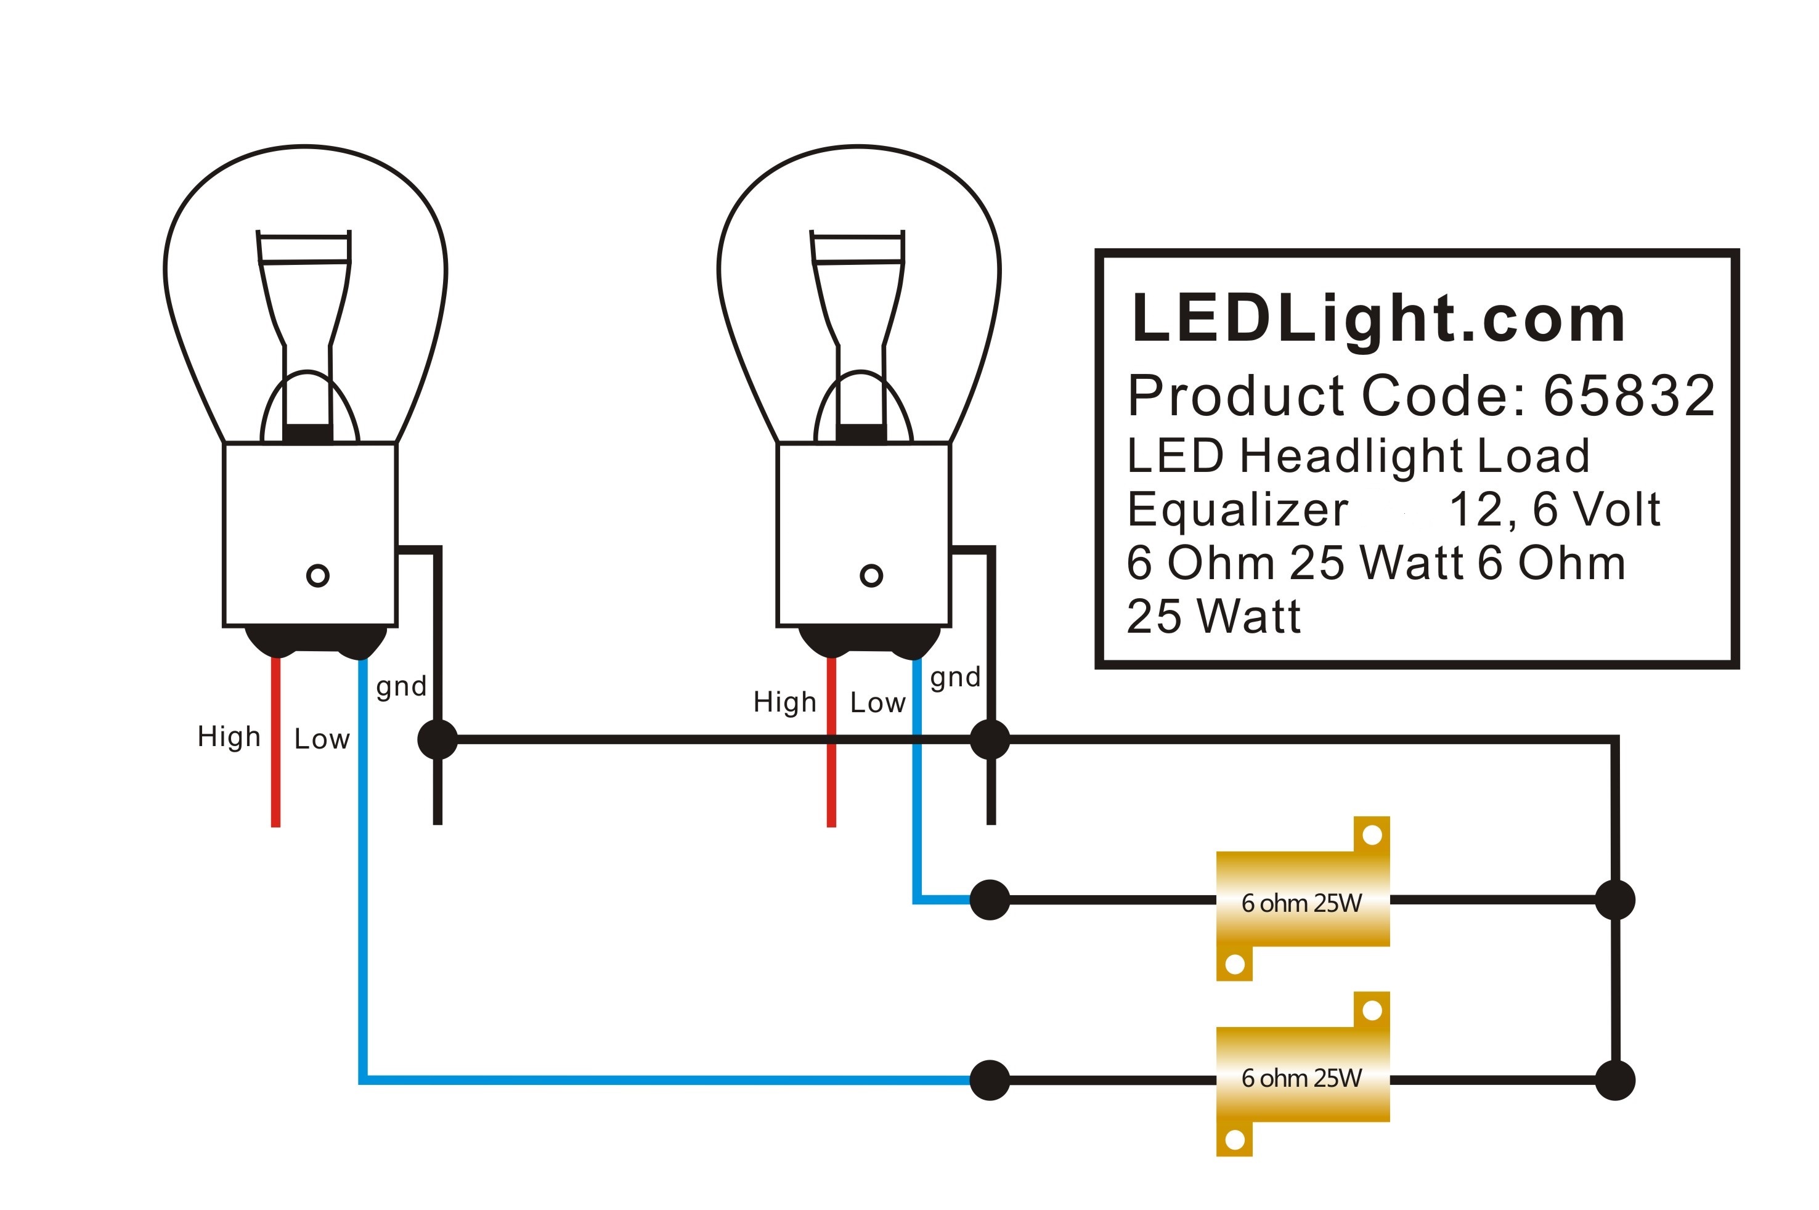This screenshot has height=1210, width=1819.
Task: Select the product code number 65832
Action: [x=1629, y=396]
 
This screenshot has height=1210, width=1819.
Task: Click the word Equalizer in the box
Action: [x=1237, y=510]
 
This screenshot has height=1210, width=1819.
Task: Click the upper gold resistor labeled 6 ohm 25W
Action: [x=1302, y=901]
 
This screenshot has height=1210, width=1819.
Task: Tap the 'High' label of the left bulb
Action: [x=229, y=736]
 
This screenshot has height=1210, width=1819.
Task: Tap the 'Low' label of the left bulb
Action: [x=322, y=739]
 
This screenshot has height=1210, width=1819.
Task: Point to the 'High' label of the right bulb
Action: [x=784, y=702]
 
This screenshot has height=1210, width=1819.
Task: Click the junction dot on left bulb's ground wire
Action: [x=437, y=739]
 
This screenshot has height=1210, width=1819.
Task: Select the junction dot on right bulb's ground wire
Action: [x=990, y=739]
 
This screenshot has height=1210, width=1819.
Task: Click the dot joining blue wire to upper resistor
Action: [x=990, y=899]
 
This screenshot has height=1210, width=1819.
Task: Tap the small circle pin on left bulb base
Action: [x=318, y=575]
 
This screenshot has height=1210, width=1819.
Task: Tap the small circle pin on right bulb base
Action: [x=871, y=575]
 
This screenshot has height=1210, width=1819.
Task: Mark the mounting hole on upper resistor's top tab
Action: [x=1372, y=835]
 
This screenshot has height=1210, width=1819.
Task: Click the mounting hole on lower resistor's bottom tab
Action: [x=1234, y=1140]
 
